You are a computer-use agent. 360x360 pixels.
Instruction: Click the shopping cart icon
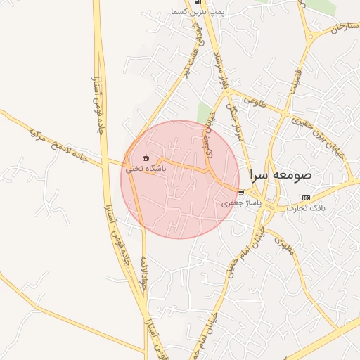point(242,192)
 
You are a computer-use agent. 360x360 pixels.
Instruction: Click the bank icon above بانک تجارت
point(305,198)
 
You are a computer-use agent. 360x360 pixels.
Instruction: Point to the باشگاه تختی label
point(146,169)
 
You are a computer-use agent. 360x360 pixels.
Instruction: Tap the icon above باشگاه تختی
point(146,157)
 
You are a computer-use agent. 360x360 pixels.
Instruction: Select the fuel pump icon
point(198,2)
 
